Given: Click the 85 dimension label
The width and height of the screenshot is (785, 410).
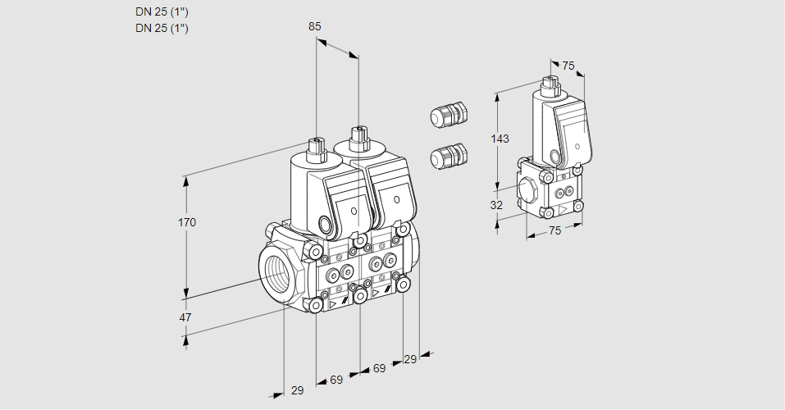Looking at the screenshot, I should (x=314, y=26).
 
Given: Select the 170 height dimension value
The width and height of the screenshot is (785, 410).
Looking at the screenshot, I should (x=188, y=222).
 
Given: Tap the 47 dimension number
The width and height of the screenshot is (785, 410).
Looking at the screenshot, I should (x=185, y=317).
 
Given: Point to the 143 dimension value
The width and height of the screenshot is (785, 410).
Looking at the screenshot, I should (x=500, y=139).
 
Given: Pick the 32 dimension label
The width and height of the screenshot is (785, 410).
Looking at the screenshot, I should (x=496, y=205).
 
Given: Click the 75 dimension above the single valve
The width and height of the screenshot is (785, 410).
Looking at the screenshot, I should (x=568, y=66).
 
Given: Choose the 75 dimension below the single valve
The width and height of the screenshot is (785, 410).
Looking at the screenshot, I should (x=555, y=231).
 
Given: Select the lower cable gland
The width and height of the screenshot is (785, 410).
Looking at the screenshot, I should (x=448, y=155).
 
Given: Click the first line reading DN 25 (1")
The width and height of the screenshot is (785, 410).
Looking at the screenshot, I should (x=162, y=12).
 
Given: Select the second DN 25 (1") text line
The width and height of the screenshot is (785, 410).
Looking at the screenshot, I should (x=162, y=28).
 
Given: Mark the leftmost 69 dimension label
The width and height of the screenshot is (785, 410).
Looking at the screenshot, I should (x=336, y=380).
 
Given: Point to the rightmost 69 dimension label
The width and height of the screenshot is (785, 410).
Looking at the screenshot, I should (x=379, y=368).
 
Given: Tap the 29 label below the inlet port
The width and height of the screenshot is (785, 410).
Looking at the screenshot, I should (x=297, y=390).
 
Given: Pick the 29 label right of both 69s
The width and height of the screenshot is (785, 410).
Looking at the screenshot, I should (x=410, y=359).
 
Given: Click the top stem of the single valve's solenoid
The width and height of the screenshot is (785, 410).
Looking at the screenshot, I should (x=550, y=82).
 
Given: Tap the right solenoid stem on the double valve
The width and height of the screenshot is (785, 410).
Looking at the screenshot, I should (x=358, y=135).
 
